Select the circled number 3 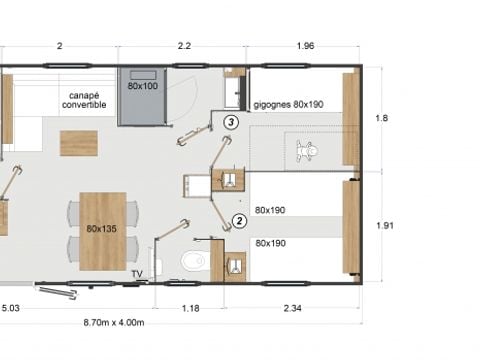(x=231, y=122)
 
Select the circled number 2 (x=239, y=221)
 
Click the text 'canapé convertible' (x=84, y=98)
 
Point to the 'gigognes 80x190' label (x=291, y=103)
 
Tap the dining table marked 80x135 (x=103, y=231)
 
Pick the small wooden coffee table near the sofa (x=79, y=143)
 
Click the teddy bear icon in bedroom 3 (x=307, y=152)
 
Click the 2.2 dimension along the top (x=183, y=46)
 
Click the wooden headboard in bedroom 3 (x=350, y=119)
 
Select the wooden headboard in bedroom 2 (x=350, y=226)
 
